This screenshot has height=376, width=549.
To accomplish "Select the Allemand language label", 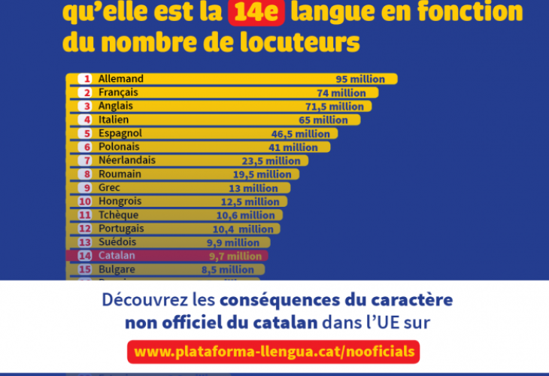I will point(120,79).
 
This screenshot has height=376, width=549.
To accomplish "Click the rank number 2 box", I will point(86,92).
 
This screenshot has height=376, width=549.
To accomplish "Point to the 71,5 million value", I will point(335,107).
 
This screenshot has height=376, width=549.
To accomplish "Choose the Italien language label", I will point(114,120).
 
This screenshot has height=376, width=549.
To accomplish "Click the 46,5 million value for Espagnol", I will point(300,134).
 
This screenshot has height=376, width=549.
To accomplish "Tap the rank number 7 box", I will point(86,160).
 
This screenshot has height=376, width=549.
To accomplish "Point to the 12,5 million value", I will point(249,202).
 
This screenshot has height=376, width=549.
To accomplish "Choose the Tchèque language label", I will point(118,214).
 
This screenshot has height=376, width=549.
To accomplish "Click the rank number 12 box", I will point(85,229).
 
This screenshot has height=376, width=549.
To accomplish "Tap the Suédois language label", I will point(117,242).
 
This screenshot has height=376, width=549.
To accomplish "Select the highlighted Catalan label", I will point(116,256).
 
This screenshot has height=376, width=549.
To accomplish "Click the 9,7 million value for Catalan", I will point(235,256).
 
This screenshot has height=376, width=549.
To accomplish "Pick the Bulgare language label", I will point(117,269).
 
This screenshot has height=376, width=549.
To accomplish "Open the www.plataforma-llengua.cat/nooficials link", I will point(273,351).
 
